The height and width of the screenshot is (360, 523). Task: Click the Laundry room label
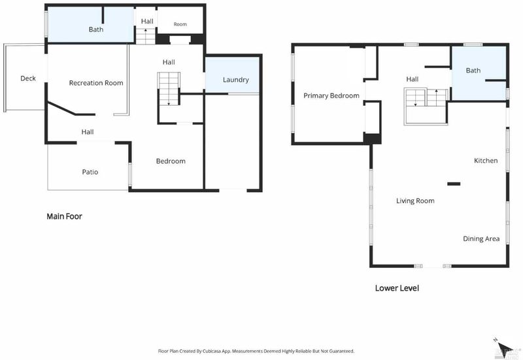[236, 80]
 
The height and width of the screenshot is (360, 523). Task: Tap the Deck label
[28, 78]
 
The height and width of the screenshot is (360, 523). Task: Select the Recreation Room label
[96, 83]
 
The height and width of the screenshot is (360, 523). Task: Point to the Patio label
[90, 172]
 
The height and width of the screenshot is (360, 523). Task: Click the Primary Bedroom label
[331, 95]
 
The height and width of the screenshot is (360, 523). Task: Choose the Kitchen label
[486, 161]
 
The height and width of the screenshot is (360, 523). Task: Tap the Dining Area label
[481, 238]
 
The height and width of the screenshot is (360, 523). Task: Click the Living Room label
[415, 201]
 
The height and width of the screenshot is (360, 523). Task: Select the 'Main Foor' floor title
[64, 216]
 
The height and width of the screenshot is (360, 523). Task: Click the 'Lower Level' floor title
[397, 288]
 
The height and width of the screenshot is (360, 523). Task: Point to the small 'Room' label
[180, 24]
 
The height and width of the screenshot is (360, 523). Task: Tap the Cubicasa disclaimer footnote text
[256, 351]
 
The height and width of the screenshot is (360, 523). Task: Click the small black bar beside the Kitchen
[454, 184]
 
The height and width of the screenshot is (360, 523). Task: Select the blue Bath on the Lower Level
[479, 73]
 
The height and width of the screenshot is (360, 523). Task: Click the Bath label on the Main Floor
[96, 29]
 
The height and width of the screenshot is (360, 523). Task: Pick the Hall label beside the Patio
[88, 132]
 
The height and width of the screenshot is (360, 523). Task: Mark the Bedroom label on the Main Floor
[171, 161]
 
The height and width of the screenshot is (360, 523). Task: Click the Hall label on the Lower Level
[413, 79]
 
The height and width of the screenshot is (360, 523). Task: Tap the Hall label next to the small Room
[147, 22]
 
